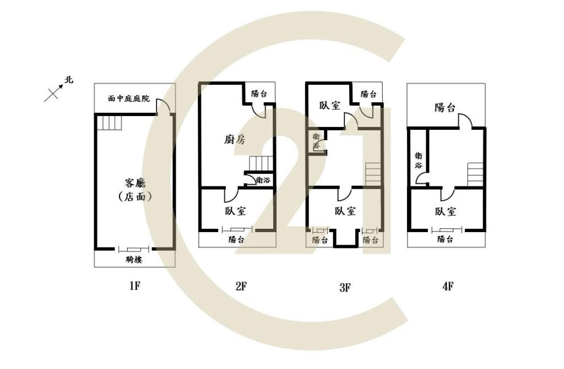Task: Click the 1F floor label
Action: [134, 286]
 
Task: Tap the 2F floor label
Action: [241, 286]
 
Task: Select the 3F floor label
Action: [345, 287]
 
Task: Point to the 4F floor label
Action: [448, 286]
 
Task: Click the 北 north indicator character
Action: [68, 79]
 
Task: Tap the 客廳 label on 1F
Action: [135, 183]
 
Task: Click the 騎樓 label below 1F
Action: [134, 259]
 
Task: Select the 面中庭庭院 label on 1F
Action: [129, 98]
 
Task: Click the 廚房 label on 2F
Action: [235, 140]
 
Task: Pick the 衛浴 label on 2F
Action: [263, 180]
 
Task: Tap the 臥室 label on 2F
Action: [236, 211]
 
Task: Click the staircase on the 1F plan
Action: [110, 123]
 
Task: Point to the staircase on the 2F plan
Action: [262, 164]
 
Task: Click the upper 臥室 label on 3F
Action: [330, 105]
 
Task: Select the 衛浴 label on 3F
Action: [316, 141]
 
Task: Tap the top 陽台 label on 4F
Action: [445, 107]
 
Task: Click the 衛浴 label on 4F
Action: [419, 161]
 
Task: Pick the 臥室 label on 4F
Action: [445, 211]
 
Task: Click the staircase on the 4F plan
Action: [475, 174]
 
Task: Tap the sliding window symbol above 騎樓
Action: [134, 249]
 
